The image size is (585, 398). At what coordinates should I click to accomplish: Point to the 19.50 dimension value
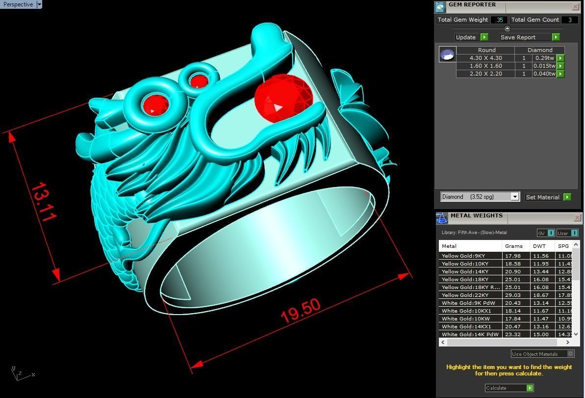tap(301, 311)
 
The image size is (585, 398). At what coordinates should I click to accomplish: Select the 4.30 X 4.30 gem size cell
tap(485, 58)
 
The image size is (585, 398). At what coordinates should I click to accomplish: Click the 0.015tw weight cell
tap(544, 66)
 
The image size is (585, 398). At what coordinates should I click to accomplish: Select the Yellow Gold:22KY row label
tap(470, 295)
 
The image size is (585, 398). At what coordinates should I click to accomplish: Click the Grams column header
tap(513, 246)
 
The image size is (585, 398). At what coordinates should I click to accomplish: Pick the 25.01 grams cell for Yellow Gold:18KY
tap(513, 279)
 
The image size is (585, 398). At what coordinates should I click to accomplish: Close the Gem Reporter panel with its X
tap(575, 6)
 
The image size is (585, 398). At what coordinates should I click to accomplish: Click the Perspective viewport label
tap(18, 4)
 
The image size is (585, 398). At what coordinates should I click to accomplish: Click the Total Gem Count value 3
tap(569, 20)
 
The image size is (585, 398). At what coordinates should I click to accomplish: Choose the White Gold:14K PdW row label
tap(470, 334)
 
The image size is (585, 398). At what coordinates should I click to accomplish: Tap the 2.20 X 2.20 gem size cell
tap(485, 74)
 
